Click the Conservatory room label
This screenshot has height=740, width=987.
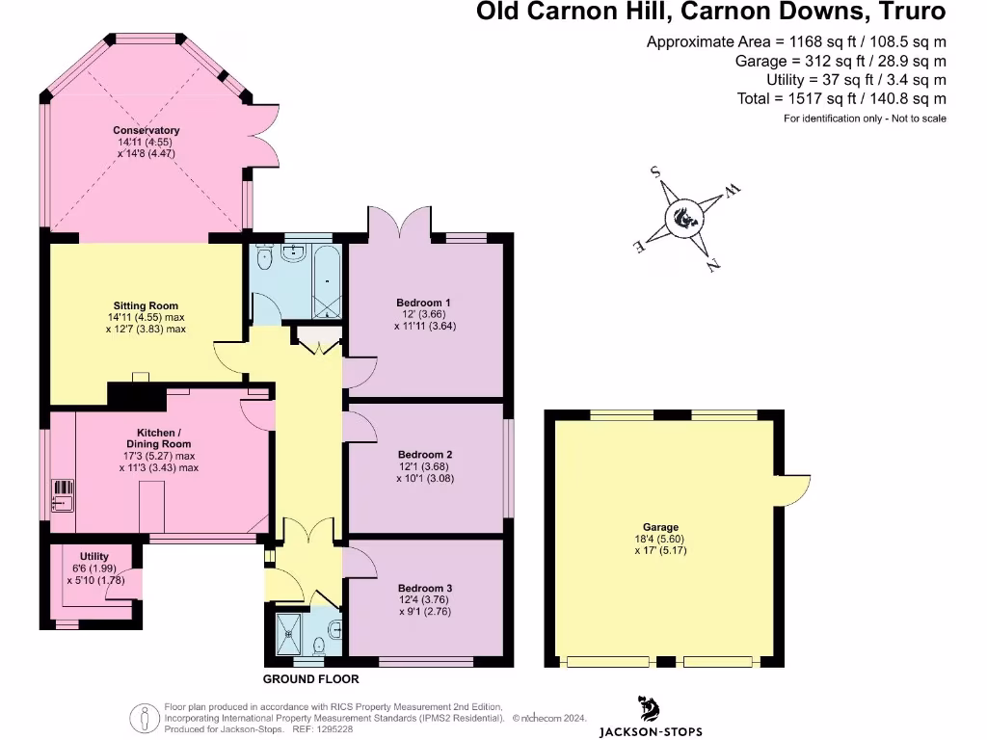147,130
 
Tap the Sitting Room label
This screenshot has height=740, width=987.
144,306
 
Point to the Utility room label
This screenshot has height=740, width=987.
94,557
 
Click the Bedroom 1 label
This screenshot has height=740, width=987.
424,303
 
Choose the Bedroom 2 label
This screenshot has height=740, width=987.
425,455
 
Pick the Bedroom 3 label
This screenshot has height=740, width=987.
425,588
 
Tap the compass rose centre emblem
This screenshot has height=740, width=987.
686,218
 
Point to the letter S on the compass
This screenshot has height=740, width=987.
655,172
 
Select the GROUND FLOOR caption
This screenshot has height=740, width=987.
305,679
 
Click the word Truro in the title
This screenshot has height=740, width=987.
907,13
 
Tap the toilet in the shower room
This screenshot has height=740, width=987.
332,631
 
